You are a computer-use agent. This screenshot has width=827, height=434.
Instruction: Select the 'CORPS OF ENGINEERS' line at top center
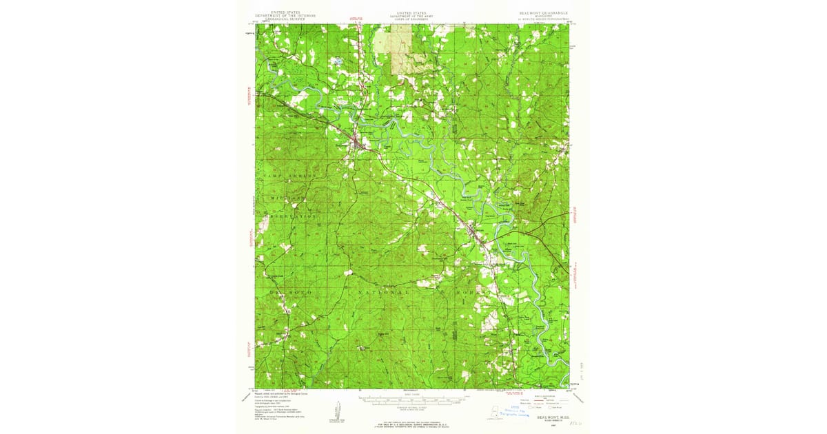click(x=412, y=19)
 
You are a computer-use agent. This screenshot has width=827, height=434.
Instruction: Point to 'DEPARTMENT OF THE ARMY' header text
click(x=412, y=16)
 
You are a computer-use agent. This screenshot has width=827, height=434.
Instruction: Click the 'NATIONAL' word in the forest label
click(x=386, y=293)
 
